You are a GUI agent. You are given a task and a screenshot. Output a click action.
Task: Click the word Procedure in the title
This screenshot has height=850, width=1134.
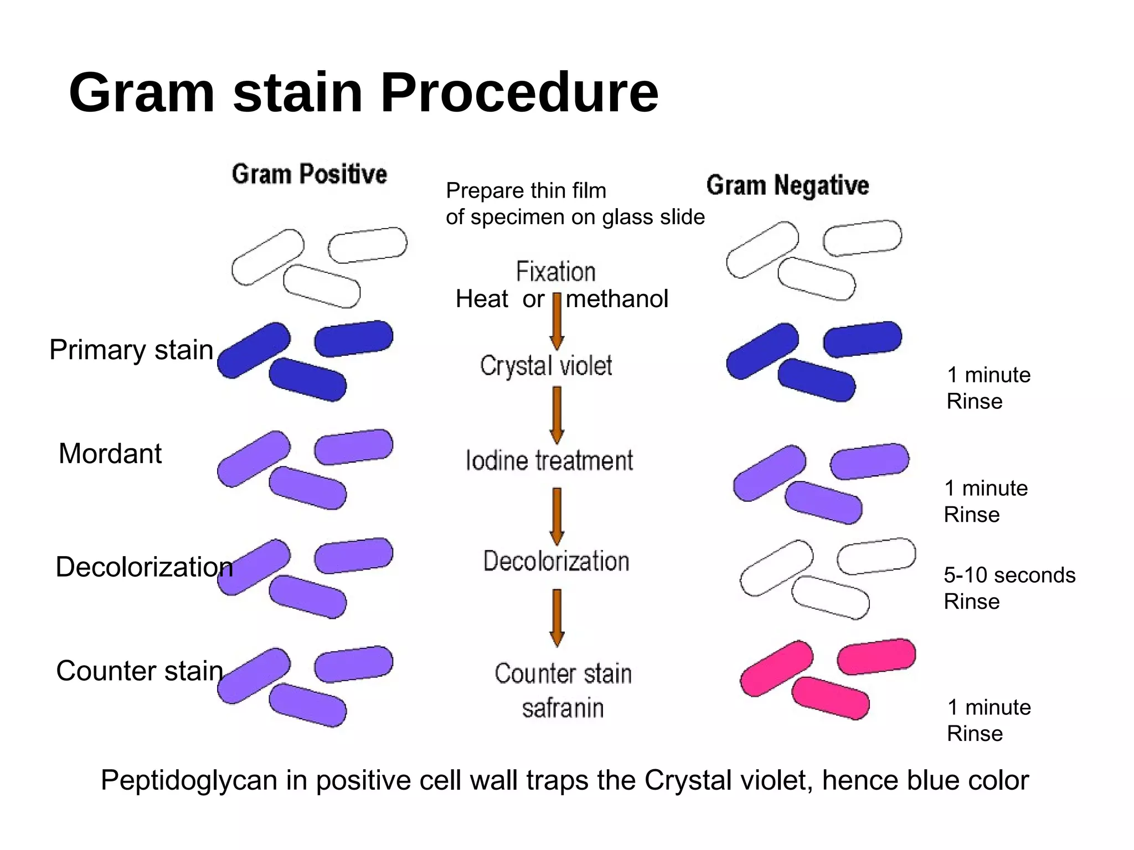519,93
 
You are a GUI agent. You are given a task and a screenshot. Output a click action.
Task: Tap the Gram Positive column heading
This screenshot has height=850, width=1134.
309,174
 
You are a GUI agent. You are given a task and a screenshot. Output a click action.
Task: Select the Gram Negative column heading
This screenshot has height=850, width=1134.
787,185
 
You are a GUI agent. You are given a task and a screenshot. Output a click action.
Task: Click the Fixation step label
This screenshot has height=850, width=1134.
556,272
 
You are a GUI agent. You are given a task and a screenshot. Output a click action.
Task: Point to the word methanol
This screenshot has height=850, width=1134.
617,299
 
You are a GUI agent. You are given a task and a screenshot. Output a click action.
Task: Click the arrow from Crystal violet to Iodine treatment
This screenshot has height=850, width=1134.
557,415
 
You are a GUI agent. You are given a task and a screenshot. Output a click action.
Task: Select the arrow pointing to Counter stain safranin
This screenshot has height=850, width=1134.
557,617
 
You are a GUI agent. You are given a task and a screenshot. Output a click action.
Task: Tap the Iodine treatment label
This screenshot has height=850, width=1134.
549,460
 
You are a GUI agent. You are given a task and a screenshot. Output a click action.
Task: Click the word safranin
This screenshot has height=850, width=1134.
563,708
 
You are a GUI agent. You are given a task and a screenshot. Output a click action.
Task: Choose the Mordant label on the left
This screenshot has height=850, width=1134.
110,454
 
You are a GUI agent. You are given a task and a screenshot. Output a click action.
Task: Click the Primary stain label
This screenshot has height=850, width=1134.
131,350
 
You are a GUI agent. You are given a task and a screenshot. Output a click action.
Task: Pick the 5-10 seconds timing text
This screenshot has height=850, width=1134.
1009,576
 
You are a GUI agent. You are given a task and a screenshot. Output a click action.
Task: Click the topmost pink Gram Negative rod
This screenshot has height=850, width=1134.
876,656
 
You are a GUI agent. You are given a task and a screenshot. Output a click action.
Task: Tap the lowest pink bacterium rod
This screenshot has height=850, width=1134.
830,698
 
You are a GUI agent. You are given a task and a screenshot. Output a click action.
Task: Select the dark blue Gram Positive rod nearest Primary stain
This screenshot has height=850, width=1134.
254,350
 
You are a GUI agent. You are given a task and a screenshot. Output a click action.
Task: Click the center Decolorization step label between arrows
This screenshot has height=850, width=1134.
556,561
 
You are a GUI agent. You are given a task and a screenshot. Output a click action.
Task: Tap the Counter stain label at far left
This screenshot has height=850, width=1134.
139,671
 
